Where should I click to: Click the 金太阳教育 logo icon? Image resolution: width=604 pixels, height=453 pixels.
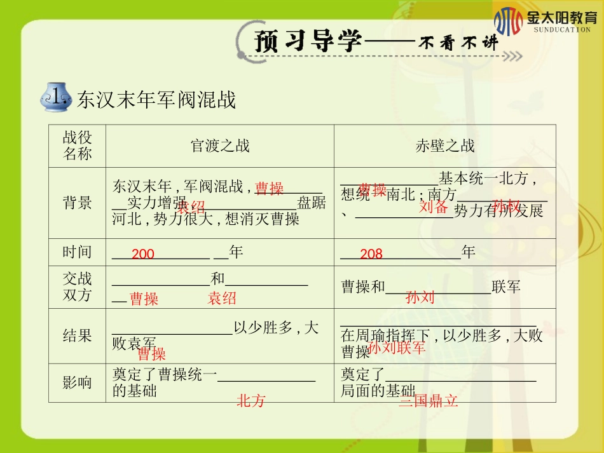[x=508, y=21]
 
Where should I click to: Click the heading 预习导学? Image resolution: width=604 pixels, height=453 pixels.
[x=308, y=41]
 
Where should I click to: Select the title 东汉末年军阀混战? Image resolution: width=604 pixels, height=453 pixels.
[x=156, y=99]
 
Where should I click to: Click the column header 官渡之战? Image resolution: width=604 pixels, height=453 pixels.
[x=220, y=146]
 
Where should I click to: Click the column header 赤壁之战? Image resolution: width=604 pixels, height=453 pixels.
[x=445, y=146]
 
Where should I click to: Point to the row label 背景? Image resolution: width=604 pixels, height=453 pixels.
[x=77, y=203]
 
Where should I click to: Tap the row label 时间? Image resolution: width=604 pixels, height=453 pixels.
[x=77, y=252]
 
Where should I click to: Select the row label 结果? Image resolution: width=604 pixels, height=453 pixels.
[x=77, y=335]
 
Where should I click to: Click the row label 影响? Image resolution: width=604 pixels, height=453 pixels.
[x=77, y=382]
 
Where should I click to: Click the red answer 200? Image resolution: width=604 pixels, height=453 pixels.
[x=143, y=255]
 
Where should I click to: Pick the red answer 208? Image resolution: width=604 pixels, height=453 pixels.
[x=371, y=255]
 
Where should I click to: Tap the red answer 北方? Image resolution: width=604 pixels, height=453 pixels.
[x=251, y=401]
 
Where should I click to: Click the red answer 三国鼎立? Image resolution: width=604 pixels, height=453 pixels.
[x=429, y=402]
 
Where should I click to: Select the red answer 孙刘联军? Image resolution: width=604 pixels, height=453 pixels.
[x=397, y=348]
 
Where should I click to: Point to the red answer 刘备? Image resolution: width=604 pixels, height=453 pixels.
[x=434, y=207]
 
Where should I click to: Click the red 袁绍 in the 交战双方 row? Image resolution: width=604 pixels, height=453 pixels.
[x=222, y=299]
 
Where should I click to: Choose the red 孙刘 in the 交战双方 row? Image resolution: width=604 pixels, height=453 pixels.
[x=420, y=297]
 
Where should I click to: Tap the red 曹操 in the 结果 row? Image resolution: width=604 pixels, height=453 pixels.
[x=151, y=354]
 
